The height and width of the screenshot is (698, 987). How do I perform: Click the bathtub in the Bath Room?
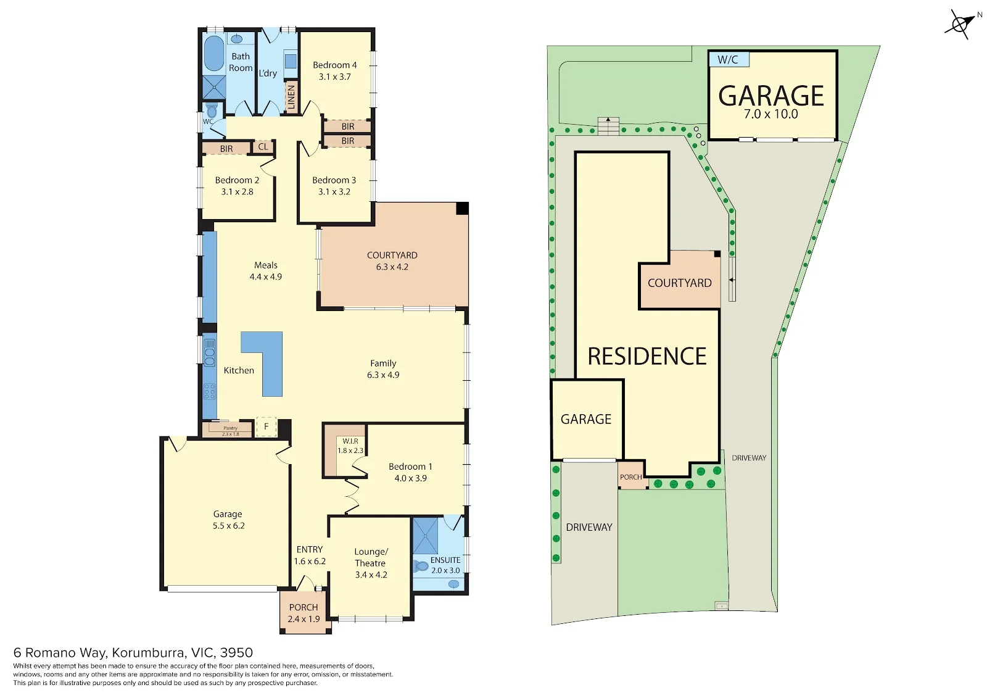214,53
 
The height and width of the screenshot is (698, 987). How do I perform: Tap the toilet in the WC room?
212,110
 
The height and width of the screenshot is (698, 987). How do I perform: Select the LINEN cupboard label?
291,97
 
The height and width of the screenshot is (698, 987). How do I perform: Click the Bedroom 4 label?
335,65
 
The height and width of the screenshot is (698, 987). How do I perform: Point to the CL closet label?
263,146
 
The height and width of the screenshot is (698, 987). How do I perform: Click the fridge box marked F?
266,427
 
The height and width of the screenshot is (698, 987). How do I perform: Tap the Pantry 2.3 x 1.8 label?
231,431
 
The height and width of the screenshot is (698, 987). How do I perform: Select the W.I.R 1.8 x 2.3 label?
350,446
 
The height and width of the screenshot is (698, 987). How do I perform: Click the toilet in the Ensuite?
422,566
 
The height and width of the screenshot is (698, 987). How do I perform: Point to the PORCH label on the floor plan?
304,607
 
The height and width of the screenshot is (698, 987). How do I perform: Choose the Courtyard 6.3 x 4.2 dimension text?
392,267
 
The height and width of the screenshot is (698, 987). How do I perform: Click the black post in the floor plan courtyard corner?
462,209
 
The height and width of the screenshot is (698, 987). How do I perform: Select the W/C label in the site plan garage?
728,60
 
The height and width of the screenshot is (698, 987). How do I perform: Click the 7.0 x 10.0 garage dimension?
771,114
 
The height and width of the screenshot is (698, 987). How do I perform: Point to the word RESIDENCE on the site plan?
647,356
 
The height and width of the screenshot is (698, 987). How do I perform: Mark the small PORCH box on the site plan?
632,475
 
